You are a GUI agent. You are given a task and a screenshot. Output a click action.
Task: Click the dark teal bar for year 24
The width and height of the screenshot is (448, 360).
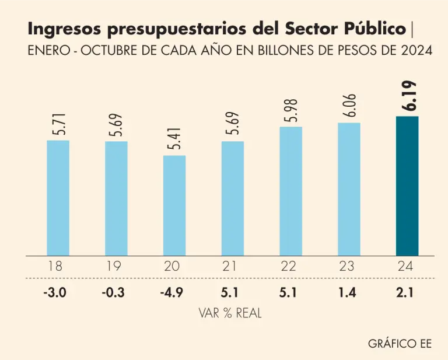coord(407,186)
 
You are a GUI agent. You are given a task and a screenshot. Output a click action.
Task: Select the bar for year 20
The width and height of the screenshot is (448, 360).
coord(174,205)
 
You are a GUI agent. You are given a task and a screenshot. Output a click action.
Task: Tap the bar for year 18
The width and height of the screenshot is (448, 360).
coord(58,198)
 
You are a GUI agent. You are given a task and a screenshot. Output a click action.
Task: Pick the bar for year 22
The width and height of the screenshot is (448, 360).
coord(290,191)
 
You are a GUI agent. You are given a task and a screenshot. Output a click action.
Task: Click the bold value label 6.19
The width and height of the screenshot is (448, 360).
coord(412,96)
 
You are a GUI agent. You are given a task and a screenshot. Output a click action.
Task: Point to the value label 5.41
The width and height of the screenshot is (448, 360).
coord(174,139)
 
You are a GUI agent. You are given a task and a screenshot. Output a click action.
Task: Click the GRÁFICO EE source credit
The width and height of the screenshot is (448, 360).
coord(400,343)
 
